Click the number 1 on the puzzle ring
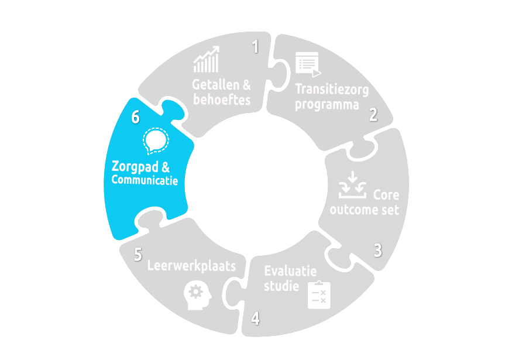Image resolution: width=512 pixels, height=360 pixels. [x=255, y=47]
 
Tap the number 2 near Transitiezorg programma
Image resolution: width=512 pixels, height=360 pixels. [x=373, y=114]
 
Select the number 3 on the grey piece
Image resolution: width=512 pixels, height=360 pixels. [x=378, y=251]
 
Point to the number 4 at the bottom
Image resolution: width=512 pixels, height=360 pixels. [x=255, y=318]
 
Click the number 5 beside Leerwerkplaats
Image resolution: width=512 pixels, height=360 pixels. [x=138, y=255]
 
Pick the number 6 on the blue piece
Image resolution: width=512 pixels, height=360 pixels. [x=135, y=117]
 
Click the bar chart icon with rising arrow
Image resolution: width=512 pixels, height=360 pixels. [x=207, y=60]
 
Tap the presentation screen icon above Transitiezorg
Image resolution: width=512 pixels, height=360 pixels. [x=308, y=64]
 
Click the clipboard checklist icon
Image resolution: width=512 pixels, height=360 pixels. [x=319, y=294]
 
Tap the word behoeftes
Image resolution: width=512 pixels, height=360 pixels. [x=222, y=100]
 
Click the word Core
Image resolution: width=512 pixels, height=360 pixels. [x=386, y=194]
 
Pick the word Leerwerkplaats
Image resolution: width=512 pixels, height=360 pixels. [x=191, y=266]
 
